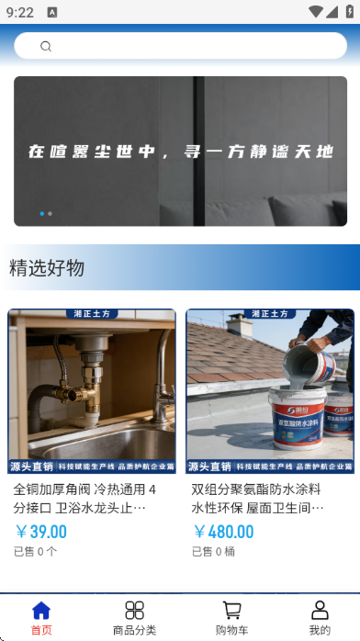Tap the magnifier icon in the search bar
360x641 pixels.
(x=46, y=46)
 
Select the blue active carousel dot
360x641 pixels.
(x=42, y=213)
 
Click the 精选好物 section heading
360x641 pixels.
(x=47, y=268)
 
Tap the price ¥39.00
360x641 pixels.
(x=41, y=532)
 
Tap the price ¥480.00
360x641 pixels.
(x=224, y=532)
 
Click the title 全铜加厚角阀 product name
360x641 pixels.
(x=84, y=498)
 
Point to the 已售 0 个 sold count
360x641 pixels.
(x=35, y=552)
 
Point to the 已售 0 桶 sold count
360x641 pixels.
(x=213, y=552)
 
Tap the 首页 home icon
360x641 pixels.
(x=41, y=611)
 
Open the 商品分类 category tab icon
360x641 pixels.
(x=135, y=611)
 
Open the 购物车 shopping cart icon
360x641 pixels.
(x=232, y=611)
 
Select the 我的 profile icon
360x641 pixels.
(x=320, y=611)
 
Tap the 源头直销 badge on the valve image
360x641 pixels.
(x=31, y=467)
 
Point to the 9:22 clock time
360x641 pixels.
(x=19, y=13)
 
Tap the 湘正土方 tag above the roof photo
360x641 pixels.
(x=270, y=314)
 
